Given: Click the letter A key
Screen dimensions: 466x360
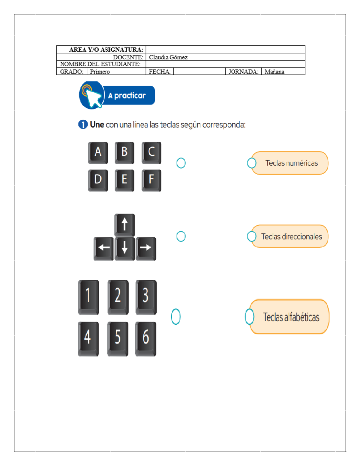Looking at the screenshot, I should (98, 152).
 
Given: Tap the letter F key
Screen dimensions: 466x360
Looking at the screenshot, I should (151, 180).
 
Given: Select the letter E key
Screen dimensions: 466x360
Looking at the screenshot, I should (124, 180).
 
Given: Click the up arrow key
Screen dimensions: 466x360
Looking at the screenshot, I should (124, 224).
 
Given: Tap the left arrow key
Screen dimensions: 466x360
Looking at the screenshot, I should (103, 248).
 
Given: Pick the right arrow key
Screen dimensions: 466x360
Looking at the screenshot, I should (146, 248).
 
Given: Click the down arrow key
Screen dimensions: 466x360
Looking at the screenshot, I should (124, 248).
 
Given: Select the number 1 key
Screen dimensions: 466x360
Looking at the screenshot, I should (88, 296).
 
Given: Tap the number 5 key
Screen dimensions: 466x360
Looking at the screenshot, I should (118, 338).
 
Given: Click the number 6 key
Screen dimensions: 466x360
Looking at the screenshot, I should (145, 338).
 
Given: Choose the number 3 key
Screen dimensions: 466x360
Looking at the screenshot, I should (146, 296).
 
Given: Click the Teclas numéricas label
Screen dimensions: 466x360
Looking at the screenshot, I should (291, 163).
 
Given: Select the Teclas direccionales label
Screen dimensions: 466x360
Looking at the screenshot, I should (291, 236).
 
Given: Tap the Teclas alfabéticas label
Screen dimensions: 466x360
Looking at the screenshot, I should (291, 317).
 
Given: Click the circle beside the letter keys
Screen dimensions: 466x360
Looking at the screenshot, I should (181, 163).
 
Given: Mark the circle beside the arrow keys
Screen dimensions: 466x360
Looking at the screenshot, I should (181, 236).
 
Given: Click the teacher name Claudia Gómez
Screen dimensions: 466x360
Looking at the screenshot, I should (168, 57).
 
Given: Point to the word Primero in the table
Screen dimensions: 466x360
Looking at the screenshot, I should (100, 72).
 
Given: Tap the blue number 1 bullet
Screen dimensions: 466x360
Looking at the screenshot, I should (83, 124).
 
